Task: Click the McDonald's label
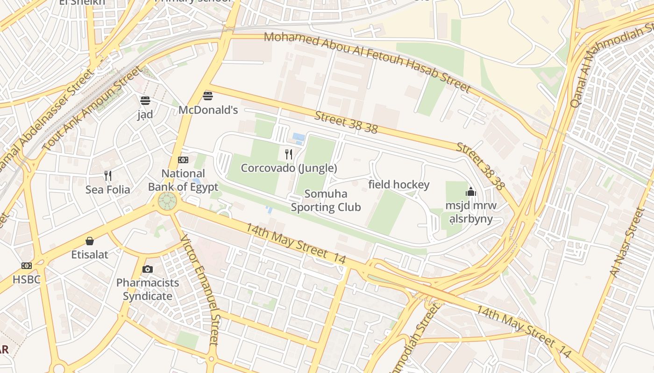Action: pyautogui.click(x=208, y=110)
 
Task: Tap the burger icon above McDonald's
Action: pyautogui.click(x=208, y=96)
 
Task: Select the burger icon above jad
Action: pyautogui.click(x=145, y=100)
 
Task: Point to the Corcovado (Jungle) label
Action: pyautogui.click(x=289, y=168)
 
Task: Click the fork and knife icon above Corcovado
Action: pyautogui.click(x=289, y=154)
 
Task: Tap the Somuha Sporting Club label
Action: pyautogui.click(x=326, y=200)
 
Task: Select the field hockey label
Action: pyautogui.click(x=398, y=185)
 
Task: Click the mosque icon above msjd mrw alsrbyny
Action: pyautogui.click(x=470, y=192)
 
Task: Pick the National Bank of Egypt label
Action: pyautogui.click(x=183, y=180)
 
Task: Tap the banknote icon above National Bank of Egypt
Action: pyautogui.click(x=183, y=160)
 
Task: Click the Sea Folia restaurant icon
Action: pyautogui.click(x=108, y=176)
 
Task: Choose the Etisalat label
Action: pyautogui.click(x=90, y=255)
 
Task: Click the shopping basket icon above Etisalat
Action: pyautogui.click(x=90, y=241)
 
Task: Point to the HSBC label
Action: pyautogui.click(x=27, y=279)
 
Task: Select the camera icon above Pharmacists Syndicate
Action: pyautogui.click(x=148, y=269)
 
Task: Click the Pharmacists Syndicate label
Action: pyautogui.click(x=148, y=289)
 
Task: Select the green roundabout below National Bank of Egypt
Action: pyautogui.click(x=167, y=201)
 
